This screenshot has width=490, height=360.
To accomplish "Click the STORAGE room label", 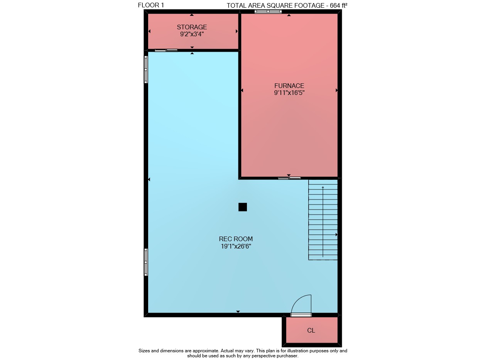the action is point(192,27).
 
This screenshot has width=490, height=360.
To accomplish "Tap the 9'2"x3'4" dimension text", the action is point(192,34).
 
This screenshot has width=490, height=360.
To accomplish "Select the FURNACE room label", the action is point(289,86).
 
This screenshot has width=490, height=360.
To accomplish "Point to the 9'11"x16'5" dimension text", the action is point(289,93).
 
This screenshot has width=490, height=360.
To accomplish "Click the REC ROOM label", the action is point(236,239).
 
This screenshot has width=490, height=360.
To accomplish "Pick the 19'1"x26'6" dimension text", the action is point(236,246).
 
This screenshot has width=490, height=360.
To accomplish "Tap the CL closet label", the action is point(311,330).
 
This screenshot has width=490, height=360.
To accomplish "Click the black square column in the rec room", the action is point(243,207).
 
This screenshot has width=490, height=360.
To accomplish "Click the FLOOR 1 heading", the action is point(151,5).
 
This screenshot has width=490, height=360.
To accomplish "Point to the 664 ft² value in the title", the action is point(339,5).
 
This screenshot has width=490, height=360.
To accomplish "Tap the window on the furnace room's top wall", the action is point(268,12).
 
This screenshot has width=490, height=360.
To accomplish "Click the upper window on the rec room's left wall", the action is point(146,69).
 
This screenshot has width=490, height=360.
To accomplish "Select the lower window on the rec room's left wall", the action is point(146,262).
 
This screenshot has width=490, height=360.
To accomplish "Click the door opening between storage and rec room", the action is point(166,50).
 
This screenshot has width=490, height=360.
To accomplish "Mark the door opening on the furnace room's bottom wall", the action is point(289,178).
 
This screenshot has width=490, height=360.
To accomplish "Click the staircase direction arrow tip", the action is point(323,187).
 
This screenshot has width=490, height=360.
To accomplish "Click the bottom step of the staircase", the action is point(323,257).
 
